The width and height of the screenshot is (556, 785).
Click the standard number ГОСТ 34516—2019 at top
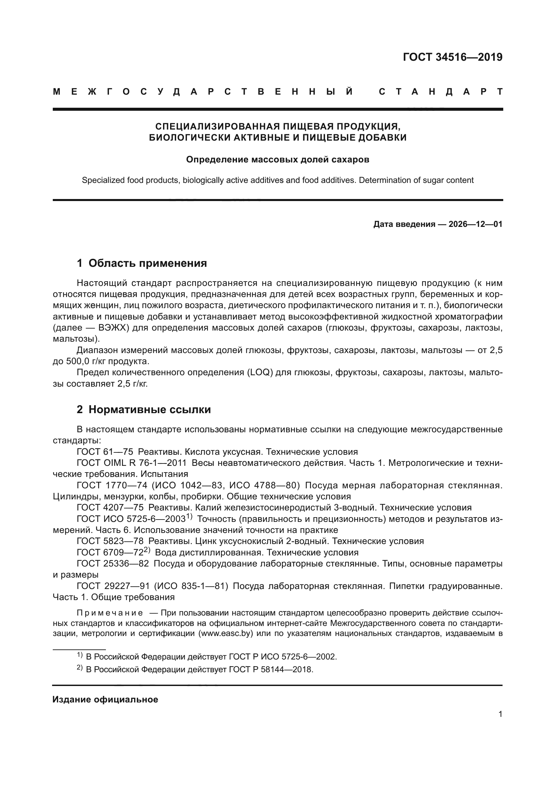coord(452,57)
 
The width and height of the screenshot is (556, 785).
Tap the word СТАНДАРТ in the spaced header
coord(441,92)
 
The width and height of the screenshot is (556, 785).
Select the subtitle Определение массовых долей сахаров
coord(278,160)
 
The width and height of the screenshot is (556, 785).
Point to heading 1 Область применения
coord(142,263)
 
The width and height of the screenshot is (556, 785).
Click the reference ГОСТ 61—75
coord(105,452)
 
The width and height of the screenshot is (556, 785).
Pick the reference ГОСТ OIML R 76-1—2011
coord(131,463)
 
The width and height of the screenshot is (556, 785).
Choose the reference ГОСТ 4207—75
coord(110,507)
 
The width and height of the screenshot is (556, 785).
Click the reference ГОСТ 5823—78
coord(110,541)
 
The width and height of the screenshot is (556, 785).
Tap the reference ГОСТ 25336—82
coord(113,563)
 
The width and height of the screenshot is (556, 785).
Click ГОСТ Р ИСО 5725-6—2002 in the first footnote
coord(282,656)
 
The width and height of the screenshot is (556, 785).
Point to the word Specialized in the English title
coord(103,180)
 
